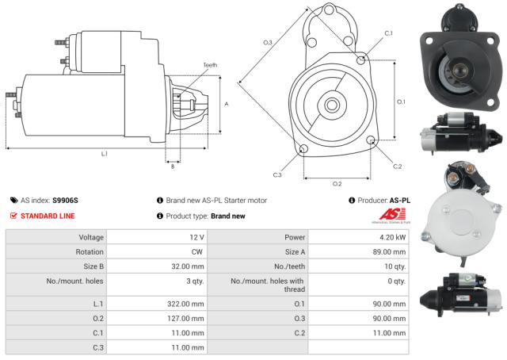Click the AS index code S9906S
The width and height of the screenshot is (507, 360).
(x=66, y=201)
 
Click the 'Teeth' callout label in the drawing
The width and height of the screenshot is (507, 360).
(x=210, y=65)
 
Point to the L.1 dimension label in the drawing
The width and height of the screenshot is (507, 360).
(x=104, y=152)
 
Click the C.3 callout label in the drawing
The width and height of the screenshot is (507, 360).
(x=277, y=174)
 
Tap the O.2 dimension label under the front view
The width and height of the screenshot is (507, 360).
(x=337, y=183)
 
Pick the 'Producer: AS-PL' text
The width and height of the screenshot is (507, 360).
(x=379, y=201)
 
